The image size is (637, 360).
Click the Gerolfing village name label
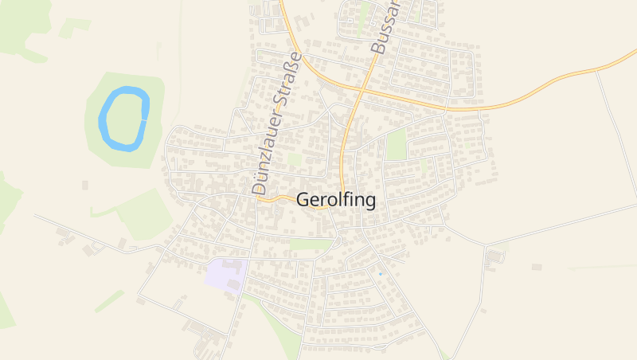(x=335, y=200)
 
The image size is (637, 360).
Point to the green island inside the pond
(x=124, y=118)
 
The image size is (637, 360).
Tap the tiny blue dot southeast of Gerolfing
(x=380, y=274)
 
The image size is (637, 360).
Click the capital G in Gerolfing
(x=303, y=200)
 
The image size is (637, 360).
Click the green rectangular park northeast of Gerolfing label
(x=396, y=144)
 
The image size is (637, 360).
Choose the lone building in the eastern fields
(x=537, y=266)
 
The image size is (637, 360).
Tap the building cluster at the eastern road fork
(x=494, y=257)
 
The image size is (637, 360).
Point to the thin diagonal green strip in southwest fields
(x=110, y=300)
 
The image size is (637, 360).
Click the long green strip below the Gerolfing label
(x=311, y=244)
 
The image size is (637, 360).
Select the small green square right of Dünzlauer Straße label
(x=295, y=158)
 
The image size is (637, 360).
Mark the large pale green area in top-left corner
(x=20, y=28)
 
